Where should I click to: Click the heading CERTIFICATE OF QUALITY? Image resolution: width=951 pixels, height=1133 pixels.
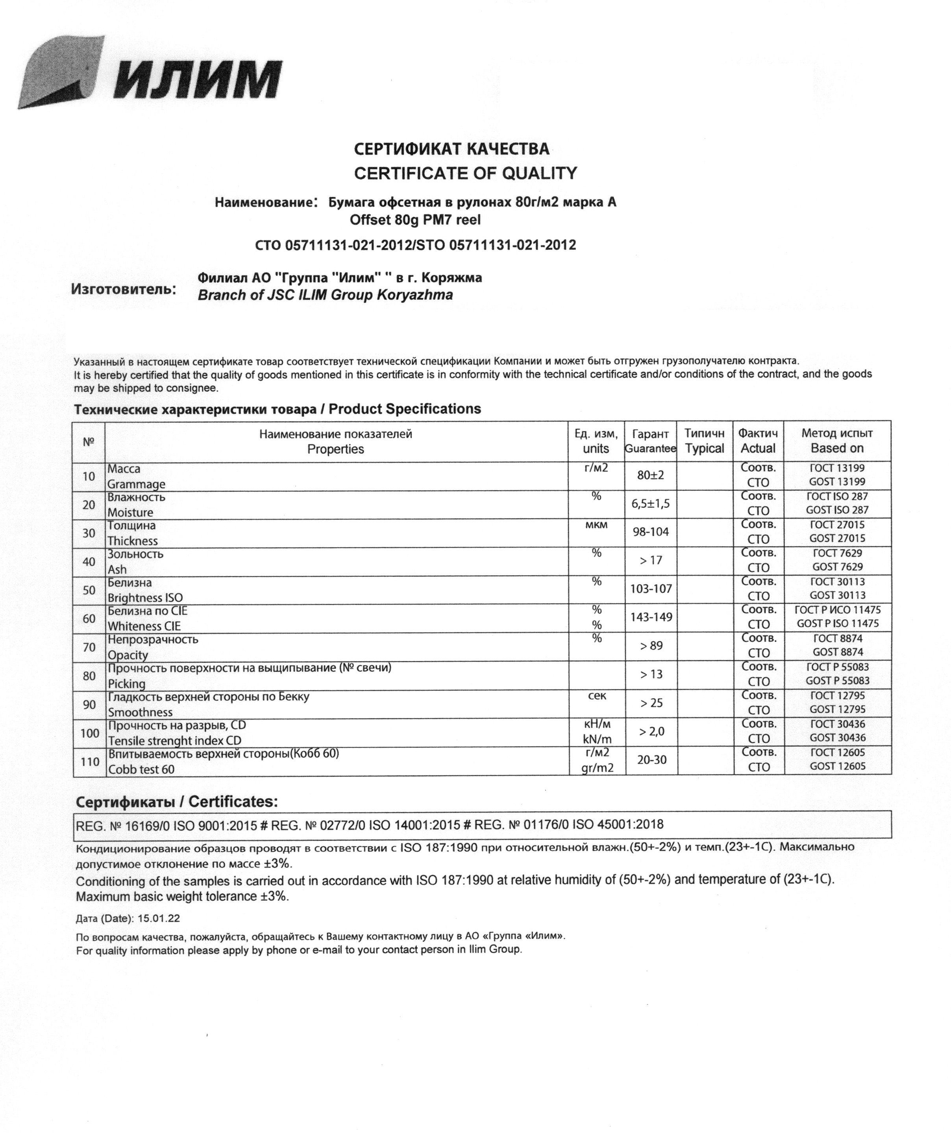pos(465,173)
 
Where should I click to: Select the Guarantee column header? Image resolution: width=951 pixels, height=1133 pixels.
pos(650,448)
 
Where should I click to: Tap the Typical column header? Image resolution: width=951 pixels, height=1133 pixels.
pos(704,448)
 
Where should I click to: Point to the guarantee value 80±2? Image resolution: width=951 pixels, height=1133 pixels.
pos(650,475)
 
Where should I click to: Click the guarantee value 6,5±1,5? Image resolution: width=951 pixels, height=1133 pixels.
pos(650,504)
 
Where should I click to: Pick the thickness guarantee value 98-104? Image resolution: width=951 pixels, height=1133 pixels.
pos(650,532)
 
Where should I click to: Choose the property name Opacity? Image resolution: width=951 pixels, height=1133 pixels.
pos(128,655)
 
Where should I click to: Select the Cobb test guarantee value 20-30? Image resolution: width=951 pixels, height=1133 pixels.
pos(651,760)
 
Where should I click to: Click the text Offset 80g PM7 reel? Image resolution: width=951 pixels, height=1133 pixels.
pos(414,220)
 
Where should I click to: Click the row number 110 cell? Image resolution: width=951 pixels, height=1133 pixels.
pos(90,761)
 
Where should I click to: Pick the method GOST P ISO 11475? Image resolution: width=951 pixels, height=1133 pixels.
pos(837,623)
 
